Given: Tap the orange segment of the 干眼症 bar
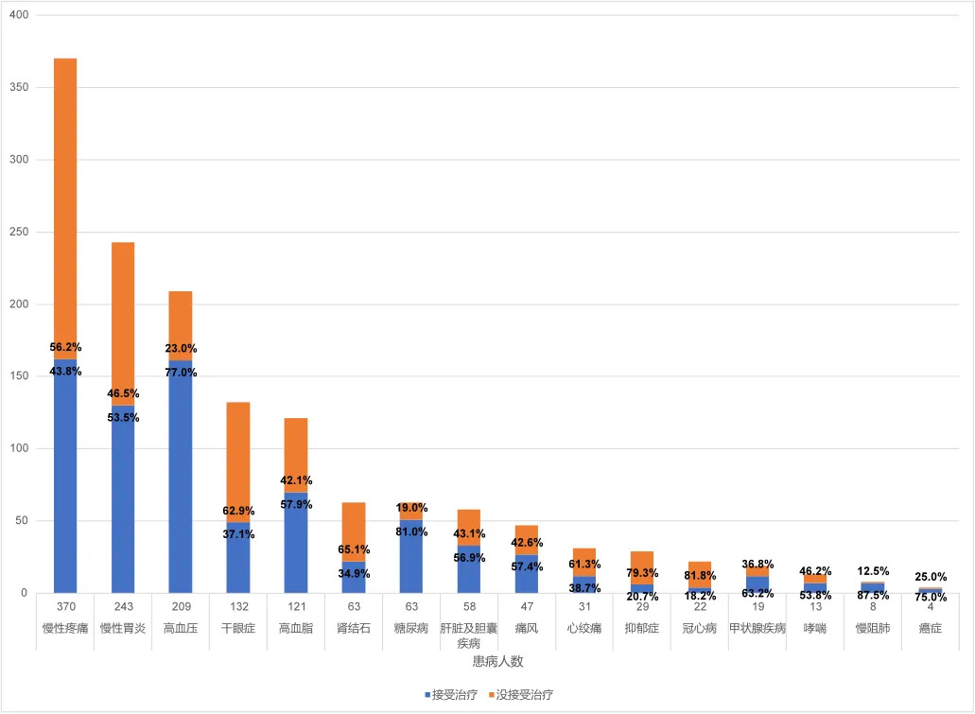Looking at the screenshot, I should [x=238, y=454].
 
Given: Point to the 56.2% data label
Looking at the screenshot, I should [x=65, y=348].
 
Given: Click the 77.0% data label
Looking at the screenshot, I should [x=181, y=373].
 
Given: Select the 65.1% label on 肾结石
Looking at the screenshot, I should [x=354, y=549].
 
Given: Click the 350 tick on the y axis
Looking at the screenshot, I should [x=20, y=88].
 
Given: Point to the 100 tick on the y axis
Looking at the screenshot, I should [x=20, y=448].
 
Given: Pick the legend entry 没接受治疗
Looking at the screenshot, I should [x=521, y=694].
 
